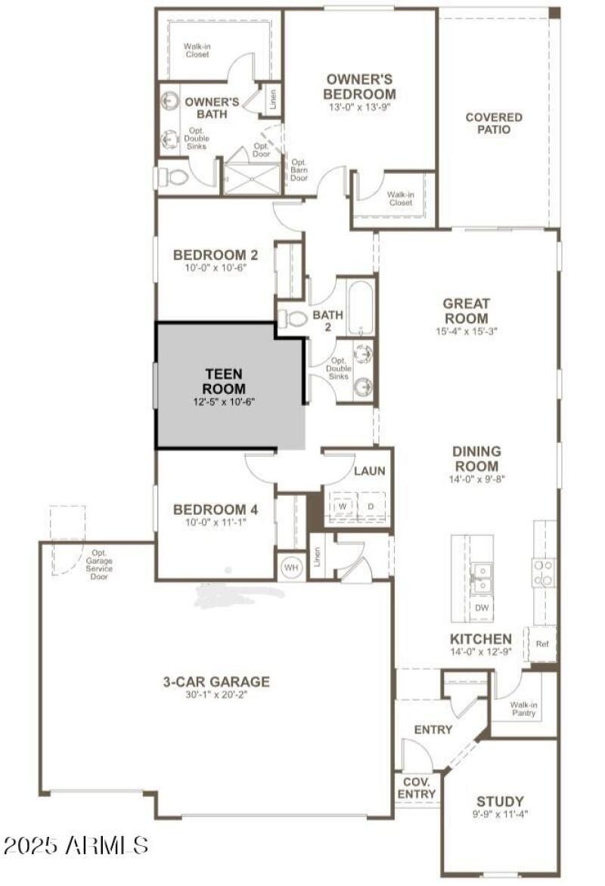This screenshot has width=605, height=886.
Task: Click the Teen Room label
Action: (x=225, y=381)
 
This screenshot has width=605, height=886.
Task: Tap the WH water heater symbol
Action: (x=290, y=566)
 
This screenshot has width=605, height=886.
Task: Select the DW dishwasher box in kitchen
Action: (x=481, y=607)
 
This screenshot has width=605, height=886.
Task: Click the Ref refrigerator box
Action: (x=541, y=644)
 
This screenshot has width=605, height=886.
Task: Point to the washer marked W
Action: (x=342, y=506)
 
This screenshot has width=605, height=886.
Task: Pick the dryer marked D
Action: (x=371, y=506)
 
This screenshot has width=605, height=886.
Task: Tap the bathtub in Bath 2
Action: (x=361, y=308)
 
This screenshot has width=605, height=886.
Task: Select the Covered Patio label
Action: (x=493, y=123)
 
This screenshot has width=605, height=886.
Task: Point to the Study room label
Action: (x=500, y=801)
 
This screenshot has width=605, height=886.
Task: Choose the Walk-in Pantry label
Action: (x=523, y=708)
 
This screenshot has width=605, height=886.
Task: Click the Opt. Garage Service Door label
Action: (x=99, y=564)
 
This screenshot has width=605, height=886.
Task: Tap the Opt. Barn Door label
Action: (x=299, y=170)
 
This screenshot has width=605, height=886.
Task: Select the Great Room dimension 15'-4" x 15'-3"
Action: (x=466, y=331)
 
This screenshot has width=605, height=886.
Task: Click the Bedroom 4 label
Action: (x=216, y=510)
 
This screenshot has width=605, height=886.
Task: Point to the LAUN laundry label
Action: (x=370, y=471)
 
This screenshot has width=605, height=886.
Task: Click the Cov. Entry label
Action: (x=417, y=788)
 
